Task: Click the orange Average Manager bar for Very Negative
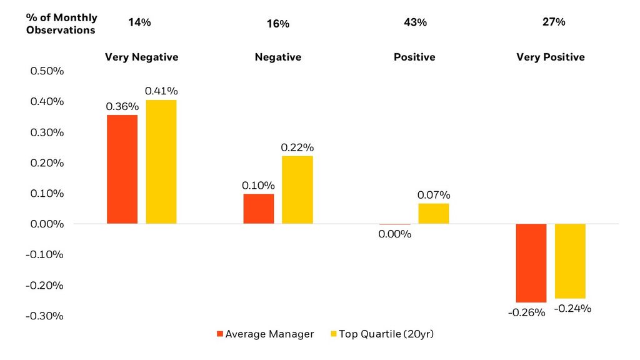[122, 169]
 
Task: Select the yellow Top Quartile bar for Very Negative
[161, 162]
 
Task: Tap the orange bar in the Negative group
[259, 209]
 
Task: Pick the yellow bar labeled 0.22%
[297, 190]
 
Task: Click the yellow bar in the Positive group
[434, 213]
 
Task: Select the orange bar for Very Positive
[531, 263]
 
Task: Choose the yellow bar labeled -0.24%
[570, 261]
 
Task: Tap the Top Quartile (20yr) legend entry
[381, 334]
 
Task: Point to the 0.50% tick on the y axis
[47, 71]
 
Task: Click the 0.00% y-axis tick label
[47, 224]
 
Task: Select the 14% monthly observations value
[139, 22]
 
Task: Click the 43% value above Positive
[416, 22]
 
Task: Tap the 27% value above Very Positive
[554, 22]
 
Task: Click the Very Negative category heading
[141, 57]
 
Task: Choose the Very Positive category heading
[551, 57]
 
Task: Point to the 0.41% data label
[160, 91]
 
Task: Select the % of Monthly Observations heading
[61, 24]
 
